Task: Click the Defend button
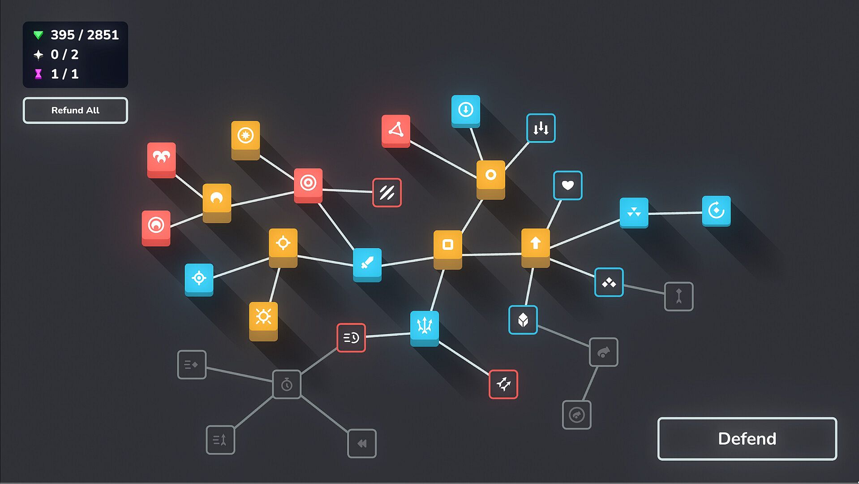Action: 747,438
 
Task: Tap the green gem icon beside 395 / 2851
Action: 39,35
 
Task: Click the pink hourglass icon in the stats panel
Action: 39,74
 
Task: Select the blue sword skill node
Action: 367,264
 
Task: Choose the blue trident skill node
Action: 425,328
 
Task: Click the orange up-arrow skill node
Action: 536,247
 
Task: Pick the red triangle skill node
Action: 396,131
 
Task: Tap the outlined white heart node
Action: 568,185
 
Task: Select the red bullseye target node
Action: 308,185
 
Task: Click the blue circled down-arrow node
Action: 466,111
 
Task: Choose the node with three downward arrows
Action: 541,128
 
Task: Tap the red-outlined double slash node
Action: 387,193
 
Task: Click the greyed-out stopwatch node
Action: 287,384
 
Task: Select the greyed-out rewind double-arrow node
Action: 362,443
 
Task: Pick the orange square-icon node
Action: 448,249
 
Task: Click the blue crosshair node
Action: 199,280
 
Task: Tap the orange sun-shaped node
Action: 263,321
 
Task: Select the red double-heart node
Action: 162,160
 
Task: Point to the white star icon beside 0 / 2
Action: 39,55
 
